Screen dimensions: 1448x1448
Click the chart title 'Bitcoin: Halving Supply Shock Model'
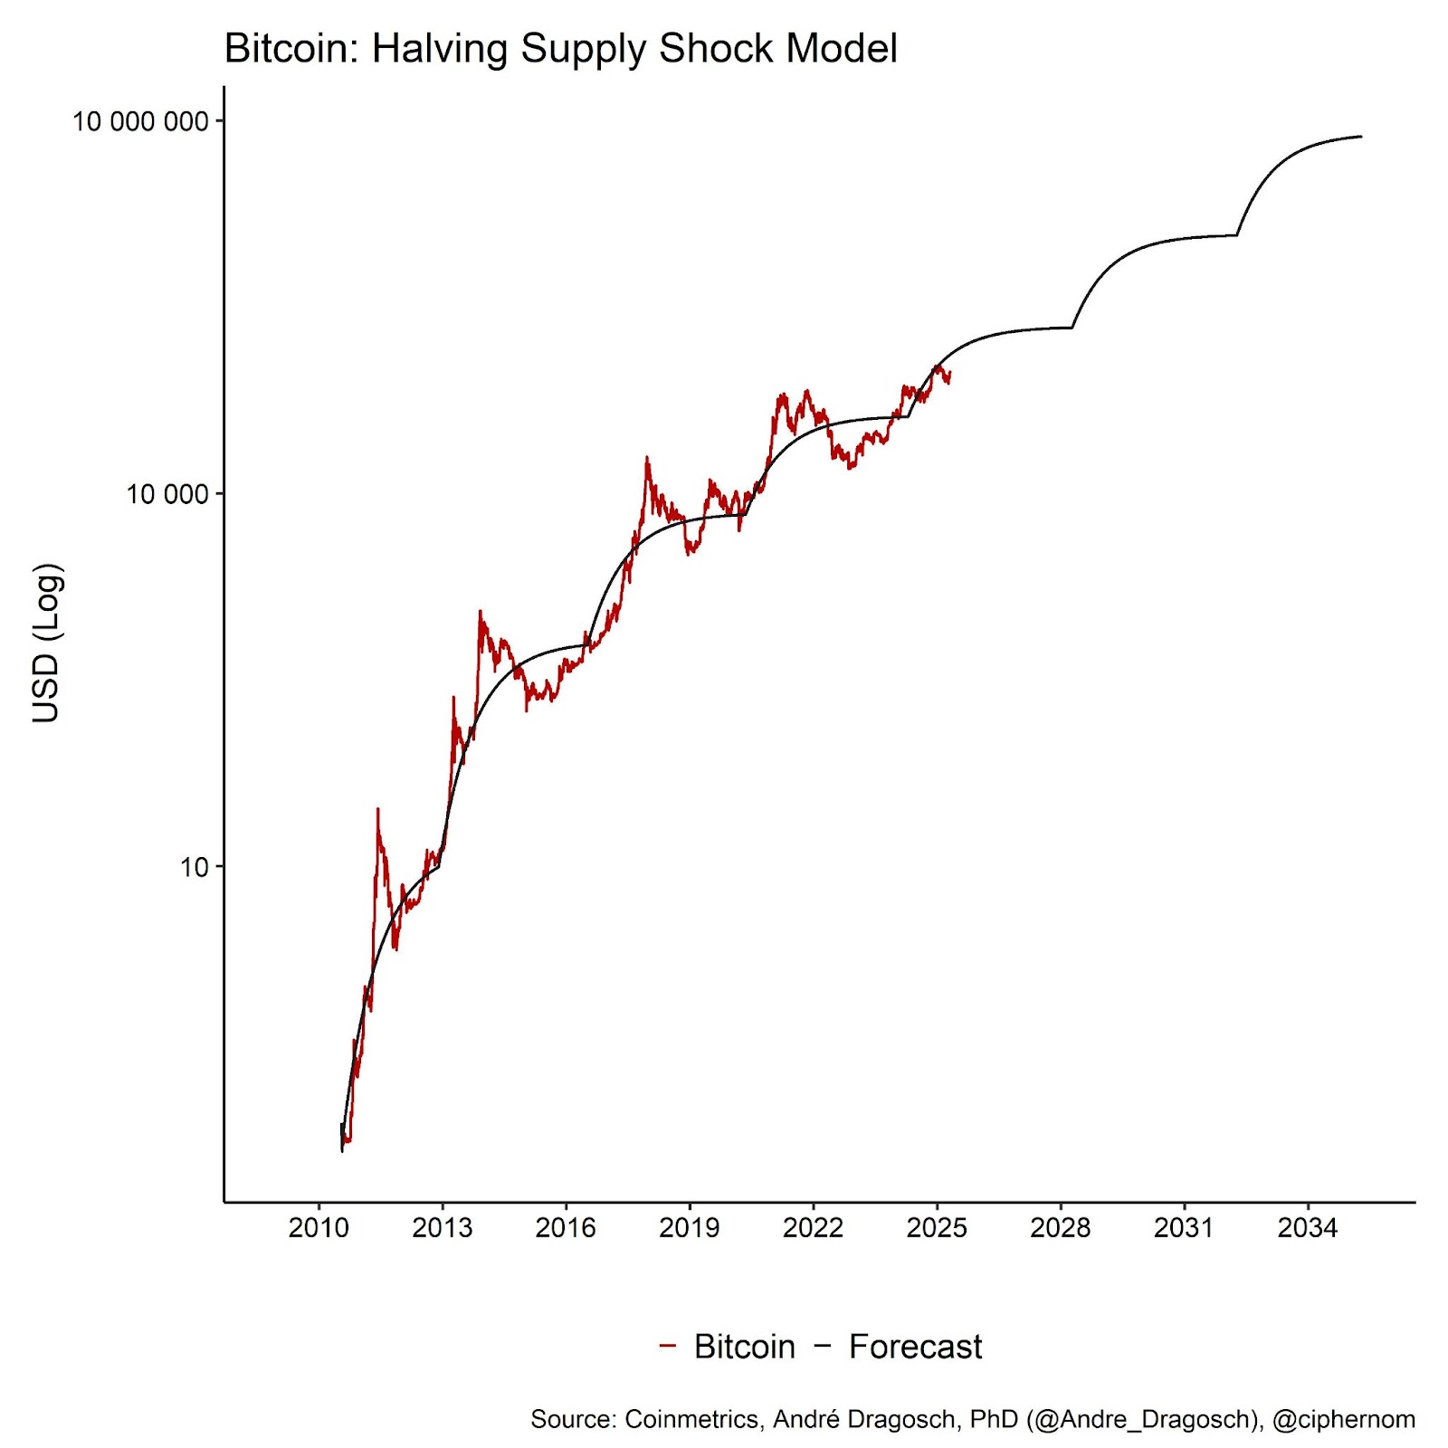click(x=560, y=49)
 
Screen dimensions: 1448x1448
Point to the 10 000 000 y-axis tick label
click(x=140, y=121)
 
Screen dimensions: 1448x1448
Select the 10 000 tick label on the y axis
click(x=167, y=494)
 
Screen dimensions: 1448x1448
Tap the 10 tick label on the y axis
click(x=194, y=867)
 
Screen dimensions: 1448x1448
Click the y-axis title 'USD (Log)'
click(x=46, y=643)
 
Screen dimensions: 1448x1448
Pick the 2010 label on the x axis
click(x=318, y=1228)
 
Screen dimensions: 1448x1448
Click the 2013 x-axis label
click(x=442, y=1228)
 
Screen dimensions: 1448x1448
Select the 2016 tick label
click(x=566, y=1228)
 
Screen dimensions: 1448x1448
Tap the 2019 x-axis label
click(x=689, y=1228)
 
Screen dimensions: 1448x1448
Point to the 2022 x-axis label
click(x=813, y=1228)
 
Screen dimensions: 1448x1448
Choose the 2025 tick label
click(x=937, y=1228)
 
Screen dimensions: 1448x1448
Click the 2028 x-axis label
click(x=1060, y=1228)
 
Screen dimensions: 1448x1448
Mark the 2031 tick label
click(x=1184, y=1228)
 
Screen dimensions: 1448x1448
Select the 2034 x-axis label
click(x=1307, y=1228)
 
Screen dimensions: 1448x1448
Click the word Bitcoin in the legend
click(x=744, y=1347)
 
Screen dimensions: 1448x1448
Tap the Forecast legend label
click(x=915, y=1347)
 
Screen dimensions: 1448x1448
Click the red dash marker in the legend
click(x=668, y=1346)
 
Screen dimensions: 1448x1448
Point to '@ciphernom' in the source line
click(x=1343, y=1419)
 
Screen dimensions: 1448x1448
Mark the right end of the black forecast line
click(x=1360, y=137)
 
